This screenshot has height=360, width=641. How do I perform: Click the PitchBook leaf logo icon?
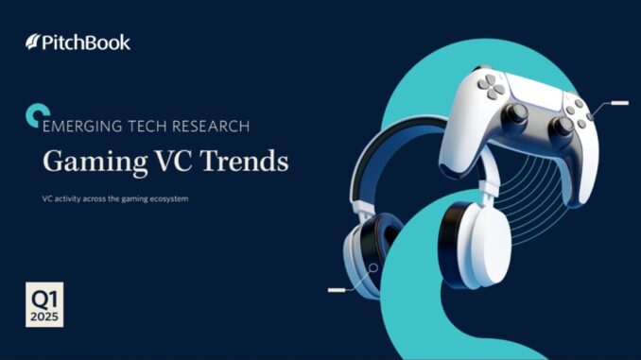tap(34, 43)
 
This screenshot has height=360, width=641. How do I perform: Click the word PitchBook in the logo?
tap(86, 43)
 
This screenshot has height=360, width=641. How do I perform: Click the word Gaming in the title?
tap(84, 161)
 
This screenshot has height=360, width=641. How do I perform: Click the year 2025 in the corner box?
tap(44, 316)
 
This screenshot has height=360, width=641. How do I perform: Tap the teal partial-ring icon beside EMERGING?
tap(32, 114)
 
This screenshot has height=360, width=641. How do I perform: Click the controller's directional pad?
tap(491, 87)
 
